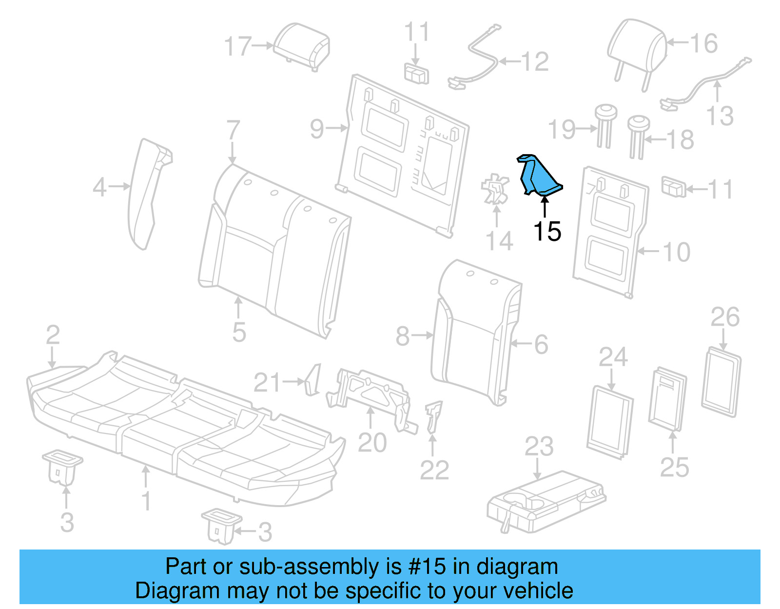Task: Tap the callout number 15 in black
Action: point(547,231)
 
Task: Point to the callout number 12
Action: point(535,62)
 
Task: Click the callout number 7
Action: point(233,130)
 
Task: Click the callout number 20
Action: point(372,443)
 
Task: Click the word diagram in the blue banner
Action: point(517,567)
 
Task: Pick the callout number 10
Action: point(677,252)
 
